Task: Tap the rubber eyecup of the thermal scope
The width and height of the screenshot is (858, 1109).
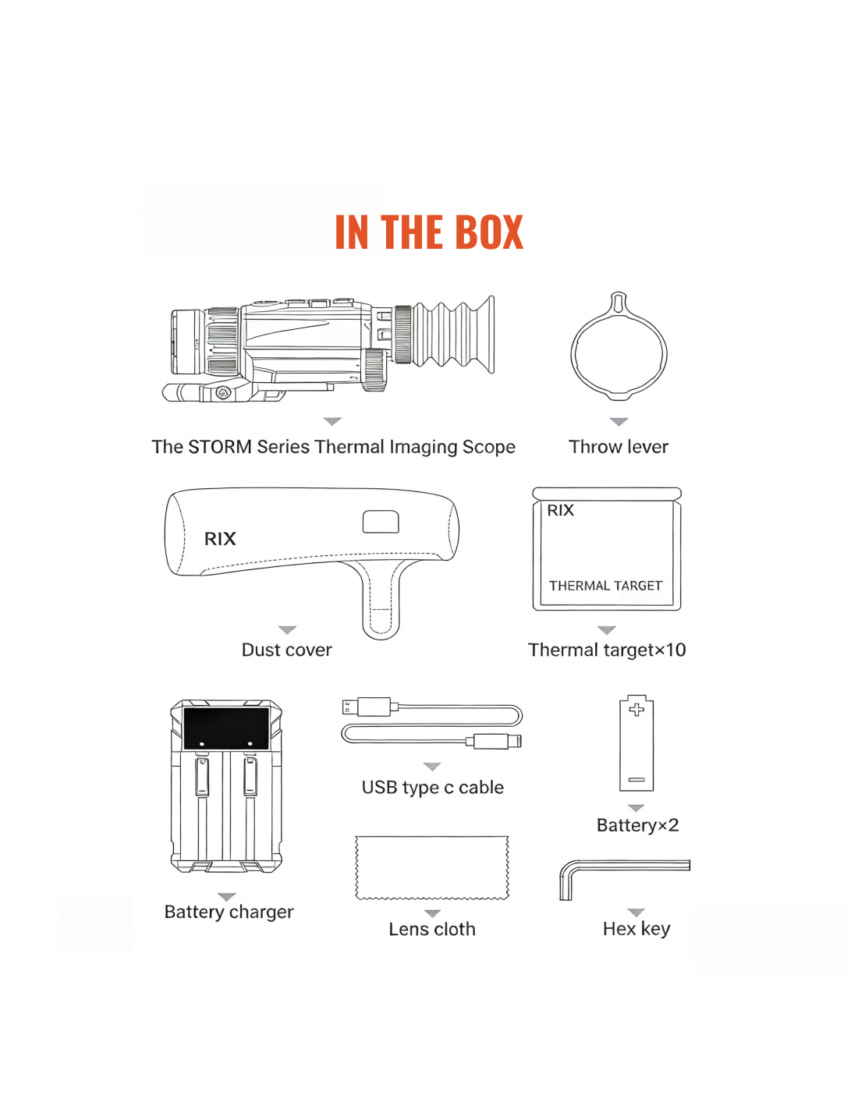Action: [454, 335]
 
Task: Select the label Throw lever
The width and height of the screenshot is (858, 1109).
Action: [618, 447]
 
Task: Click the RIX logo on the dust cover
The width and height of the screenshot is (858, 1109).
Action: [220, 538]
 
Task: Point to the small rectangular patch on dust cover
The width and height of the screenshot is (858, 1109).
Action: [381, 521]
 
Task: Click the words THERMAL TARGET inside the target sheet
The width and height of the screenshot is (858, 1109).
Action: [605, 586]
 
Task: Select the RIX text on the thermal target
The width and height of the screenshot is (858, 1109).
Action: [561, 510]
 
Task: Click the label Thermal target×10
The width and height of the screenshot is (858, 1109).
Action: [606, 650]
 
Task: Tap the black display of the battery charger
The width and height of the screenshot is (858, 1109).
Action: [225, 728]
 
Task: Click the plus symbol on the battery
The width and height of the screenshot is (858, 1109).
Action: [636, 710]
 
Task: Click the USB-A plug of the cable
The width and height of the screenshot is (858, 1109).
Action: [368, 707]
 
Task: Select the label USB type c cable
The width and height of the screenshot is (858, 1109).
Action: [432, 788]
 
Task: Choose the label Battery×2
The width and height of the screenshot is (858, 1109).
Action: [637, 825]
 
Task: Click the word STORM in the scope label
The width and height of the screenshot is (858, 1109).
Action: [220, 447]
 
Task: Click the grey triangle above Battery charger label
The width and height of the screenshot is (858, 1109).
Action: [226, 897]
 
